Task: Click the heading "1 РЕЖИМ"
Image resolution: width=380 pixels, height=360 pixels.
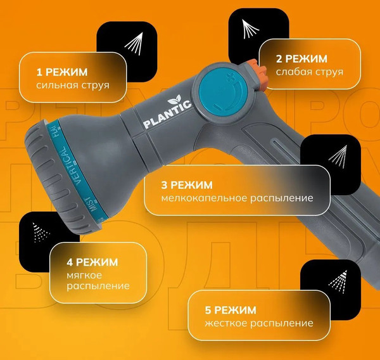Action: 62,72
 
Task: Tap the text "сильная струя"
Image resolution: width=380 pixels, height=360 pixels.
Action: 73,85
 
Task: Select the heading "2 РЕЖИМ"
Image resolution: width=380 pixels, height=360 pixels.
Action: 301,58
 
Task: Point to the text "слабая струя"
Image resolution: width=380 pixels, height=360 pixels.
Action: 310,72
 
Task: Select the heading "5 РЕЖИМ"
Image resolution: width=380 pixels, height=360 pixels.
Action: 231,310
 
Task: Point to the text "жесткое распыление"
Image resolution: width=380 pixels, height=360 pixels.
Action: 259,324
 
